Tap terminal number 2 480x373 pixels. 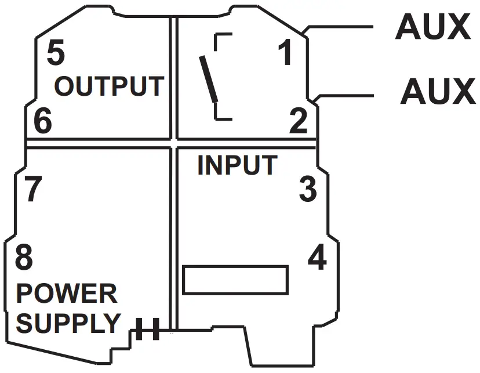[x=299, y=121]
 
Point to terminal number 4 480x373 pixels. [x=317, y=258]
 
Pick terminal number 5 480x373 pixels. [x=55, y=53]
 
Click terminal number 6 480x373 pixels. [x=42, y=121]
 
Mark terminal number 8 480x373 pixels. [x=24, y=258]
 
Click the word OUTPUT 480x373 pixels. [x=108, y=86]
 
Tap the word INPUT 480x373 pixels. [x=237, y=165]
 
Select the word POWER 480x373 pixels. [x=66, y=294]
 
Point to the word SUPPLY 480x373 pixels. [x=68, y=323]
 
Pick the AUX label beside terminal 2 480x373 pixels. [x=437, y=91]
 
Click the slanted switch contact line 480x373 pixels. [x=209, y=78]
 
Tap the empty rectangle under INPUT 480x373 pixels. [x=235, y=280]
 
